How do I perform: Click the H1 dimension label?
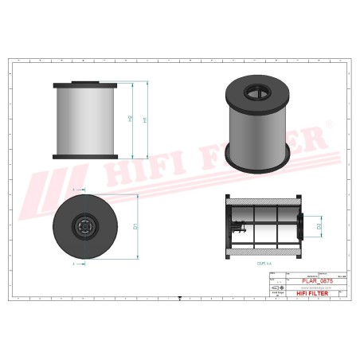point(144,119)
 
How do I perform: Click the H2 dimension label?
point(130,119)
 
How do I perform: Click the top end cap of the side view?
point(85,84)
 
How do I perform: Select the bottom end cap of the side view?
point(85,157)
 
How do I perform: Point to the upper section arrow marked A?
point(72,190)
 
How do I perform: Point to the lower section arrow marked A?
point(72,263)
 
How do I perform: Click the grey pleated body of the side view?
point(85,120)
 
